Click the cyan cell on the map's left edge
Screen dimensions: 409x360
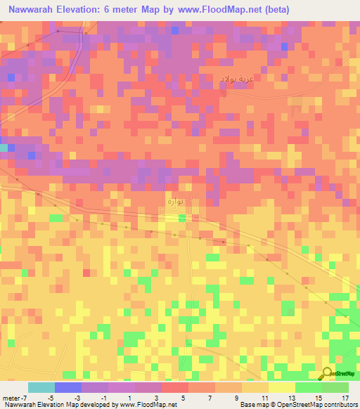pyautogui.click(x=4, y=148)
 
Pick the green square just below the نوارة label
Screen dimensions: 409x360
pyautogui.click(x=182, y=219)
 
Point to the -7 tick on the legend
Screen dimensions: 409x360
pyautogui.click(x=24, y=397)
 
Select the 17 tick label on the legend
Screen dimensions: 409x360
pyautogui.click(x=344, y=397)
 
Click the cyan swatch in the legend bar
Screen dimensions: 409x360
pyautogui.click(x=41, y=387)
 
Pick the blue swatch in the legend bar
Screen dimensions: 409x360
pyautogui.click(x=68, y=387)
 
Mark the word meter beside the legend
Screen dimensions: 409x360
pyautogui.click(x=10, y=397)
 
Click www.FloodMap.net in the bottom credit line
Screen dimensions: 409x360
pyautogui.click(x=148, y=405)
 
